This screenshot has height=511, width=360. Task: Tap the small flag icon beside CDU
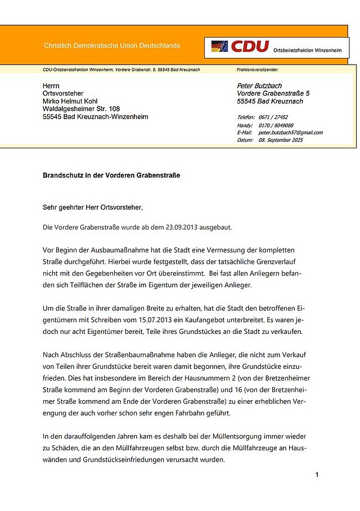tap(219, 46)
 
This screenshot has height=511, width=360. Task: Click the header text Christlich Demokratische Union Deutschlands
tap(112, 46)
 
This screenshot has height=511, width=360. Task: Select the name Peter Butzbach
tap(259, 85)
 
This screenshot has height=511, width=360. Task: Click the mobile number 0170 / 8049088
tap(276, 125)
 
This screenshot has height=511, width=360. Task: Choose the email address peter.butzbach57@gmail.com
tap(290, 133)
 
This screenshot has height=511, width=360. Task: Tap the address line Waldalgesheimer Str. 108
tap(81, 109)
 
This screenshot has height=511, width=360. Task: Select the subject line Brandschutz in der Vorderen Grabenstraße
tap(111, 175)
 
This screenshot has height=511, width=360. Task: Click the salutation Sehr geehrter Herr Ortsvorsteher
tap(93, 207)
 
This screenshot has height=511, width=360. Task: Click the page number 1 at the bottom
tap(317, 475)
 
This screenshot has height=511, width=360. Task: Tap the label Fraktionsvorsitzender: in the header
tap(258, 70)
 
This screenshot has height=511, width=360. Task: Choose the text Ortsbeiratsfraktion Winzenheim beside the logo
tap(308, 51)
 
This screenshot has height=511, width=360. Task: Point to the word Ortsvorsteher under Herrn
tap(63, 93)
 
